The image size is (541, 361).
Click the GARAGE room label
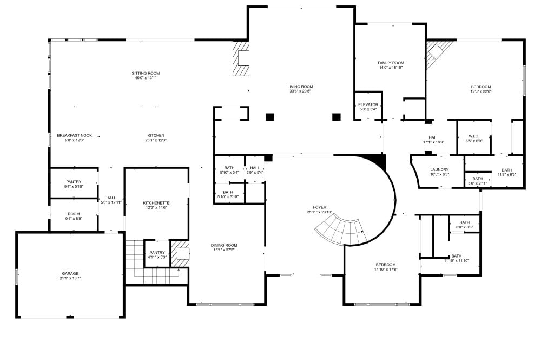tap(70, 273)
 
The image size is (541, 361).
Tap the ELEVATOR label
tap(368, 104)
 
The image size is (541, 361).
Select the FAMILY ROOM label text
tap(391, 63)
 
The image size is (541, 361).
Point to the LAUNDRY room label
tap(439, 170)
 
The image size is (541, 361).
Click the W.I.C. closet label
tap(474, 136)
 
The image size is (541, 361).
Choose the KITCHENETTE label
tap(156, 203)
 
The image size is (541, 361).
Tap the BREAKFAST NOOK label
tap(75, 136)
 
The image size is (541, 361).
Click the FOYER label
tap(320, 207)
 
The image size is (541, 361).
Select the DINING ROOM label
tap(224, 245)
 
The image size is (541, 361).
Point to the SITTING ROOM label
tap(146, 73)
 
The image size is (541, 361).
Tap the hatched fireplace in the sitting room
tap(241, 58)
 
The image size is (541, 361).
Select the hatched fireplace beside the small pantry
tap(180, 254)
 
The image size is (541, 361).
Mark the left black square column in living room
tap(270, 117)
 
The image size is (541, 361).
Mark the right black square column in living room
tap(337, 117)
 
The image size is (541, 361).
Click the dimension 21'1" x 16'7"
tap(70, 278)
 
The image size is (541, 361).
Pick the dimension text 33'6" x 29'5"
tap(300, 91)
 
